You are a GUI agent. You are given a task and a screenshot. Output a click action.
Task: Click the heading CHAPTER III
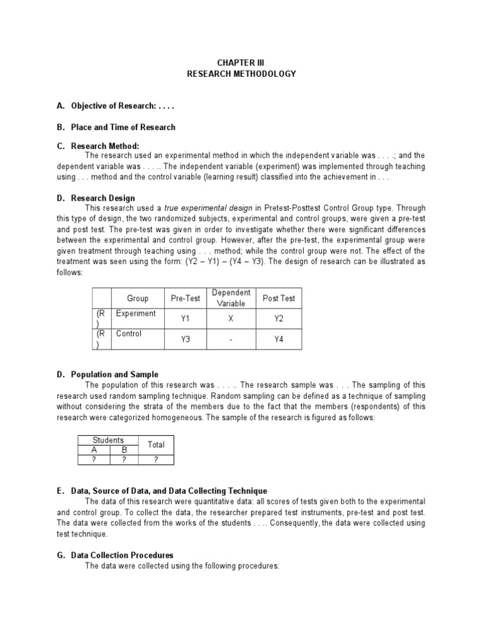click(241, 63)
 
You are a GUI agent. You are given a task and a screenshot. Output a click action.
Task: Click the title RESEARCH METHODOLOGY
click(241, 74)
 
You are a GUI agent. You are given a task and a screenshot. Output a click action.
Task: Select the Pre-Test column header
click(186, 298)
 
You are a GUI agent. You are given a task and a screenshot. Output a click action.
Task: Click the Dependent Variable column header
click(231, 298)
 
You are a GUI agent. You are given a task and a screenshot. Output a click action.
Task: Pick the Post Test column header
click(279, 298)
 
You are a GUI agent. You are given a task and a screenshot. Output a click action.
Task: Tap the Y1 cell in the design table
click(186, 319)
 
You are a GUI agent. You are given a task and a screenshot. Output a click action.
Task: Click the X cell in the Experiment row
click(231, 319)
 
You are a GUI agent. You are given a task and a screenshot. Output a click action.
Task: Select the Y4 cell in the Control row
click(279, 340)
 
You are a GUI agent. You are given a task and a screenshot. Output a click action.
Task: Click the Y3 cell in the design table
click(186, 340)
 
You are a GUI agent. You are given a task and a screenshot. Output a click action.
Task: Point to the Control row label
click(129, 334)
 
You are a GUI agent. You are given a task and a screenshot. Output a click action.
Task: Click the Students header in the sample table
click(108, 440)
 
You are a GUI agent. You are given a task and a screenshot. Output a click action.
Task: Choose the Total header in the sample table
click(156, 445)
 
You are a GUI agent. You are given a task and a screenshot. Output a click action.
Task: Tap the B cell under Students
click(124, 450)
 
